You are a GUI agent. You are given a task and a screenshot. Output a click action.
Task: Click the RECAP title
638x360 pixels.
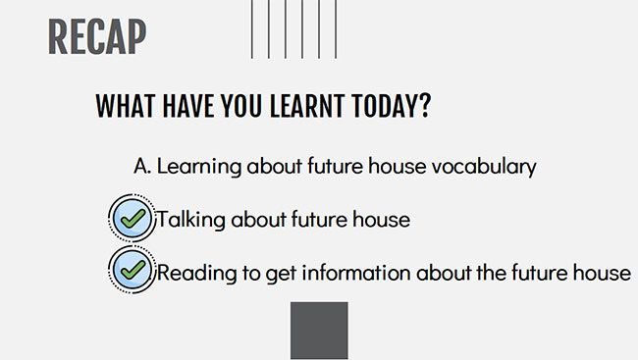[x=97, y=36]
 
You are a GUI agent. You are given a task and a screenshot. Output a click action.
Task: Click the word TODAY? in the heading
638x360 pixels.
[x=391, y=106]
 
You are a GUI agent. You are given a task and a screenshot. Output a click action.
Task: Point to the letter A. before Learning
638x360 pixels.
[x=142, y=167]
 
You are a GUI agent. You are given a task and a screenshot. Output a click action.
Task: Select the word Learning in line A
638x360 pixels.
[x=199, y=167]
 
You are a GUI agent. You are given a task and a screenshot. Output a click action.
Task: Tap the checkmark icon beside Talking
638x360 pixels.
[x=132, y=219]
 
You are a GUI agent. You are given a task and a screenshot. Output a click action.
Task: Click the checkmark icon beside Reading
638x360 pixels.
[x=132, y=270]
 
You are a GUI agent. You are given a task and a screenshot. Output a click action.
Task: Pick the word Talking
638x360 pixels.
[x=190, y=220]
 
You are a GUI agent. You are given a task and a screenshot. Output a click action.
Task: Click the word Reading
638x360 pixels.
[x=196, y=273]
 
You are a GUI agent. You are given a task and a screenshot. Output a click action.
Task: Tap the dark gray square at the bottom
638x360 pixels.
[x=319, y=331]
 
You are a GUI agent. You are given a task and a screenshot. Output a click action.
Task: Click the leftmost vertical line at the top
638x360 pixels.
[x=252, y=29]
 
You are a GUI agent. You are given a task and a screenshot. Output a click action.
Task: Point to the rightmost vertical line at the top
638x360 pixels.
[x=336, y=29]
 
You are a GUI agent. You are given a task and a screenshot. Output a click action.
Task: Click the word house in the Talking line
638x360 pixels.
[x=381, y=220]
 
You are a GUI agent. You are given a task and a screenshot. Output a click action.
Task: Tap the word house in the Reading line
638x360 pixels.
[x=603, y=272]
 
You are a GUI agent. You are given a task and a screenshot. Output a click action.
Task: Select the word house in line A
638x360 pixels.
[x=398, y=166]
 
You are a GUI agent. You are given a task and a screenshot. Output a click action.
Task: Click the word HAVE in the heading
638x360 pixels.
[x=188, y=106]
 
